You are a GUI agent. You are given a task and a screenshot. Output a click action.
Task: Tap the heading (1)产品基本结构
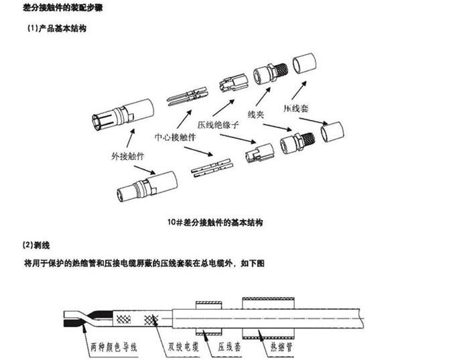56,29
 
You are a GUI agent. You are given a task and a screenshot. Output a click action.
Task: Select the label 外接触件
128,156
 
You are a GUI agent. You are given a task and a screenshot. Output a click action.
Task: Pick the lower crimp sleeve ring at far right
333,133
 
